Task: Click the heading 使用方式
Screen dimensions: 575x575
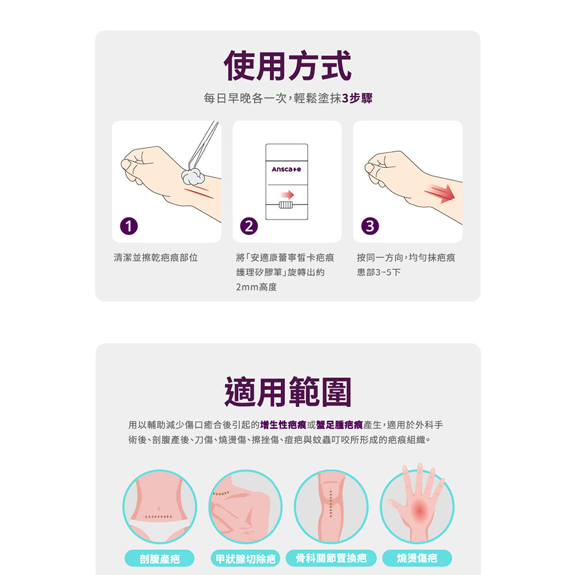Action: click(x=287, y=66)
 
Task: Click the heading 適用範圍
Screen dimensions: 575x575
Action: click(x=287, y=392)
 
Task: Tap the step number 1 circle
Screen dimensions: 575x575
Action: click(x=129, y=227)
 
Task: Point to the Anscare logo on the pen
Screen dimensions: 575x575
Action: click(x=286, y=170)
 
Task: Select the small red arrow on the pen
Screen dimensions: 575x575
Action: click(x=286, y=194)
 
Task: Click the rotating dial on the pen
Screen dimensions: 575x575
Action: click(x=286, y=205)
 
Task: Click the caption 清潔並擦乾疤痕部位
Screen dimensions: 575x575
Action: click(x=156, y=258)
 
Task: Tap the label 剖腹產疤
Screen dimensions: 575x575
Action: click(x=159, y=558)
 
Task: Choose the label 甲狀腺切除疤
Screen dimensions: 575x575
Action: click(x=245, y=558)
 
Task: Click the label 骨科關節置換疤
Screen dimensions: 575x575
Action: click(x=331, y=558)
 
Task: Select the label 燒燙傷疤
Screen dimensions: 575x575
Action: click(x=417, y=558)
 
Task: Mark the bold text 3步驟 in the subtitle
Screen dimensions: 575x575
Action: click(x=357, y=99)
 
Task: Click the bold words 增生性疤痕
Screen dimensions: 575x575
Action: click(x=282, y=425)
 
